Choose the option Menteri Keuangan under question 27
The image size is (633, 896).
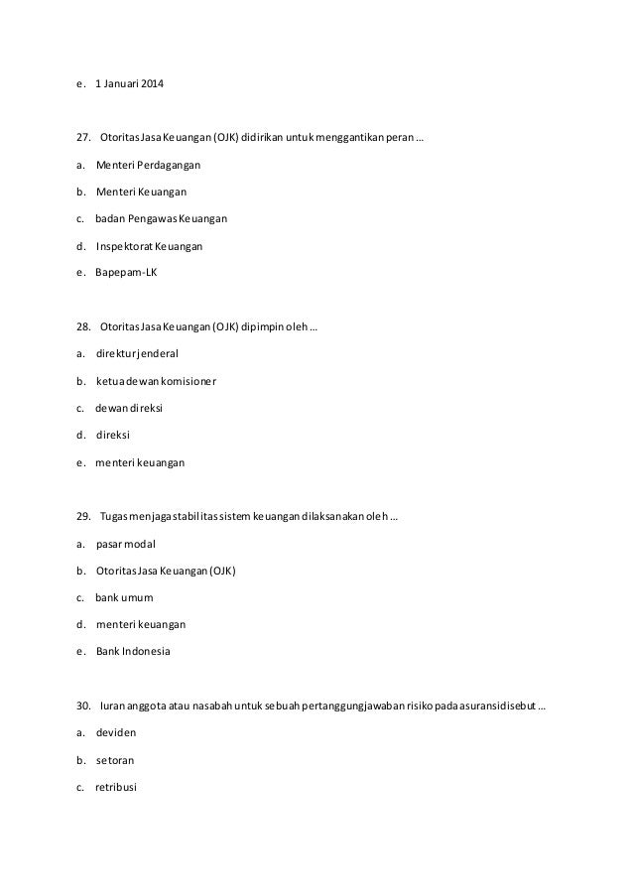point(141,192)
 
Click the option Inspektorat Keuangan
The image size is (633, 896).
point(150,245)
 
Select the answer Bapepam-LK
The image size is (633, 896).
point(126,272)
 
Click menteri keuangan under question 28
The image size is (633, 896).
point(140,461)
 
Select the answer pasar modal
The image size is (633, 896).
point(126,544)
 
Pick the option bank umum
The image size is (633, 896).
point(124,598)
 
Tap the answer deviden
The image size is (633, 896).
point(116,733)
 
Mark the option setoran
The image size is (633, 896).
point(115,760)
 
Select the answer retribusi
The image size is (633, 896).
point(117,787)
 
